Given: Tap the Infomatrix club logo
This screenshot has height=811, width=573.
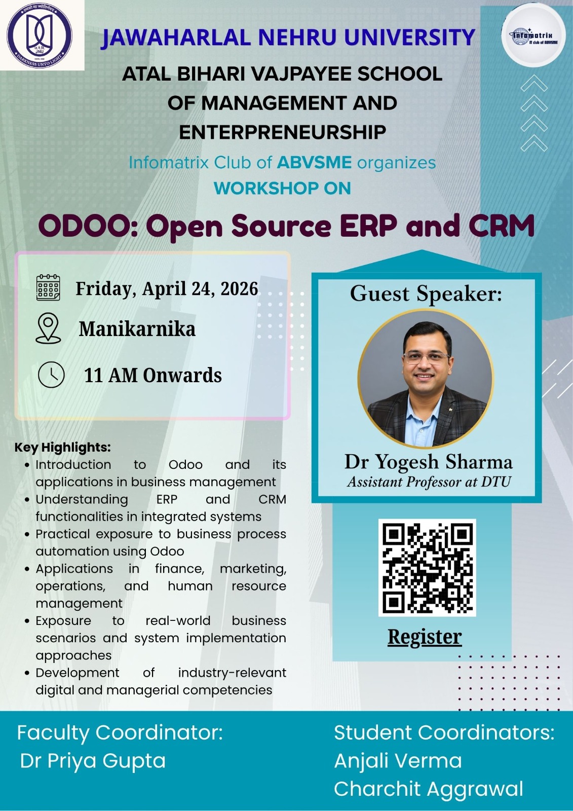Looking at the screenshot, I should tap(533, 36).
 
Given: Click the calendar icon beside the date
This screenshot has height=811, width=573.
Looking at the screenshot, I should tap(48, 288).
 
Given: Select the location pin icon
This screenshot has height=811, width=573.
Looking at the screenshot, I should tap(48, 328).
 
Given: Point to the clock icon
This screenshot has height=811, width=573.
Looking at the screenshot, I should tap(51, 375).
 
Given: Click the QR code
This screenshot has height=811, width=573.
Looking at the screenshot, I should tap(427, 567).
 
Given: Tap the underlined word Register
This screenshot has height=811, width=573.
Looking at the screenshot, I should tap(425, 637).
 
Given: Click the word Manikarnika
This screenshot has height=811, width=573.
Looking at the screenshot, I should tap(137, 329).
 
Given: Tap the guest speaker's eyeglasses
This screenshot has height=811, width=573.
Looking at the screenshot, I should tap(426, 358).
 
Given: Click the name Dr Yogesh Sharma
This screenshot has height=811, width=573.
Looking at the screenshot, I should tap(428, 462).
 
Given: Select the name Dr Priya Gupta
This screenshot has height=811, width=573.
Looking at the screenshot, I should tap(93, 761).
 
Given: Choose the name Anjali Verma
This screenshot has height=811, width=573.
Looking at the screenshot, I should tap(398, 761).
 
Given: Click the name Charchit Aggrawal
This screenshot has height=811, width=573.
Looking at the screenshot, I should tap(428, 789).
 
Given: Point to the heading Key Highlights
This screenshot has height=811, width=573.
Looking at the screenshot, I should tap(62, 447).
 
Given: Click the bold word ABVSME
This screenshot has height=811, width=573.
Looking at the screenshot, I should tap(314, 163).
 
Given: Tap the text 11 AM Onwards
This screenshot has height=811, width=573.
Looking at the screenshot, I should tap(152, 375).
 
